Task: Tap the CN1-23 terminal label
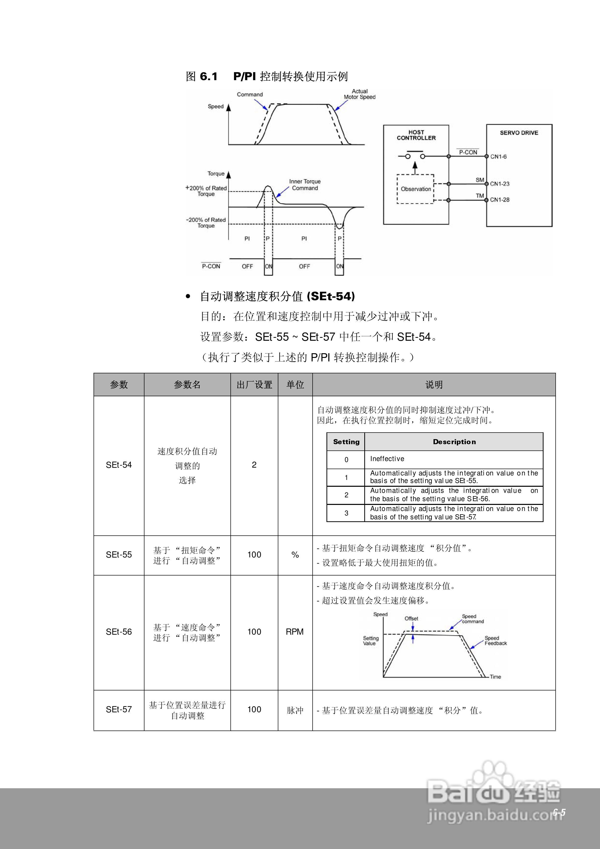pyautogui.click(x=499, y=184)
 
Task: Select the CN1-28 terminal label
pyautogui.click(x=499, y=200)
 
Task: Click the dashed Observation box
pyautogui.click(x=415, y=189)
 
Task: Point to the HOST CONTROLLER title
pyautogui.click(x=416, y=135)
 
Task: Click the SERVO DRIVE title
pyautogui.click(x=519, y=133)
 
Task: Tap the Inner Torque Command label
pyautogui.click(x=305, y=185)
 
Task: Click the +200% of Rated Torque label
pyautogui.click(x=206, y=191)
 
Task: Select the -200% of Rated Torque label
pyautogui.click(x=206, y=223)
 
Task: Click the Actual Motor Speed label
pyautogui.click(x=359, y=94)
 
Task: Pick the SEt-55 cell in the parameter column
pyautogui.click(x=119, y=555)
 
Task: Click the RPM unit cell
pyautogui.click(x=295, y=631)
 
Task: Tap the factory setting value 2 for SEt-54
pyautogui.click(x=254, y=465)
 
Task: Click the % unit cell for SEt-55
pyautogui.click(x=295, y=555)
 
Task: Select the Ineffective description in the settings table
pyautogui.click(x=387, y=459)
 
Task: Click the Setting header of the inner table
pyautogui.click(x=346, y=441)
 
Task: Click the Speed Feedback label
pyautogui.click(x=495, y=641)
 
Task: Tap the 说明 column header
pyautogui.click(x=434, y=385)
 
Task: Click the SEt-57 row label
pyautogui.click(x=119, y=709)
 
